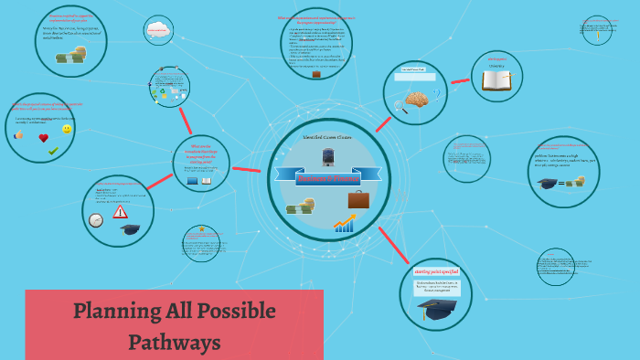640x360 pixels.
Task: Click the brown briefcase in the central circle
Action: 358,198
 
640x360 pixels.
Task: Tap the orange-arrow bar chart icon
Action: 345,223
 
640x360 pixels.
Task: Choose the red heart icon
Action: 43,138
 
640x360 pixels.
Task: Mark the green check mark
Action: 53,151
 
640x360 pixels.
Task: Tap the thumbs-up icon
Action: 19,135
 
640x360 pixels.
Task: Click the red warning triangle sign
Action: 120,212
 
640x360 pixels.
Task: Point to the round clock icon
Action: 95,220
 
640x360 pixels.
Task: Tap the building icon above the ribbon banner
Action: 328,155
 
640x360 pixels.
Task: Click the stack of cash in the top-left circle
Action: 69,58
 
